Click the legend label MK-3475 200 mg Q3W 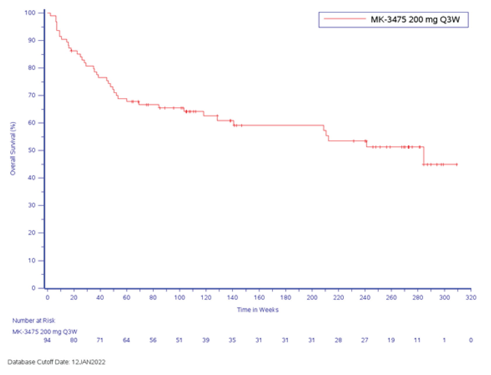[x=415, y=20]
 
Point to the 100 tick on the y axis [x=30, y=13]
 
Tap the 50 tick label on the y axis [x=32, y=150]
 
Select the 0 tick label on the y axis [x=33, y=288]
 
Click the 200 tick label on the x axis [x=312, y=297]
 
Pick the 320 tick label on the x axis [x=471, y=297]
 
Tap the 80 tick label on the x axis [x=153, y=297]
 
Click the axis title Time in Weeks [x=258, y=310]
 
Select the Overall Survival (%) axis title [x=13, y=148]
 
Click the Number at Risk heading [x=34, y=320]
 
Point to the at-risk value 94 [x=47, y=340]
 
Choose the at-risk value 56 [x=153, y=340]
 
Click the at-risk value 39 [x=206, y=340]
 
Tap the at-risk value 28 [x=338, y=340]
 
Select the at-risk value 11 [x=417, y=340]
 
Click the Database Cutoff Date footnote [x=56, y=362]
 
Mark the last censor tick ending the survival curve [x=457, y=164]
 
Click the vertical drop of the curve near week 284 [x=424, y=156]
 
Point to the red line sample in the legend [x=345, y=19]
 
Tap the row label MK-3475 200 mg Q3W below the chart [x=45, y=332]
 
